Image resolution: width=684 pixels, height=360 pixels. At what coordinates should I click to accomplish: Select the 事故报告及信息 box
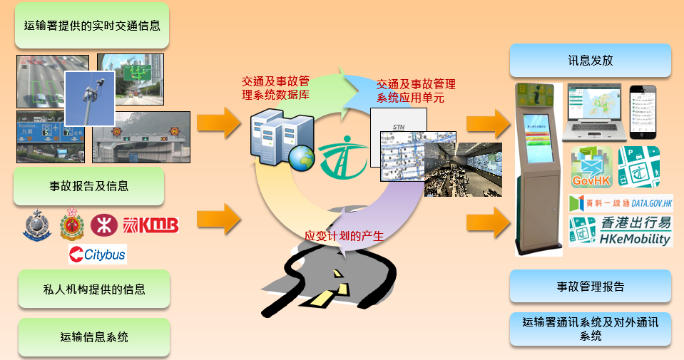tap(89, 187)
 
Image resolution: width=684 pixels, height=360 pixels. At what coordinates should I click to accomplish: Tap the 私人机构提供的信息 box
tap(93, 289)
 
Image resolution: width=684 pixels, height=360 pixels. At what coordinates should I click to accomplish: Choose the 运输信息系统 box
tap(93, 336)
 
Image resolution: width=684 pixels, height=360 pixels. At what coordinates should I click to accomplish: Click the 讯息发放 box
tap(591, 61)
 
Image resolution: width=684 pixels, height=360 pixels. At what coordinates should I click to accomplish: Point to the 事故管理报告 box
tap(591, 287)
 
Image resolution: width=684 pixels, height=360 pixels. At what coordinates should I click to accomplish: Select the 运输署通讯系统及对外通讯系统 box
tap(591, 329)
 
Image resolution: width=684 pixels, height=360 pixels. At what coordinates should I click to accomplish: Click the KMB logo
tap(150, 225)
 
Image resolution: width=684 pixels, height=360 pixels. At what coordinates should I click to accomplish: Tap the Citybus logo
tap(98, 254)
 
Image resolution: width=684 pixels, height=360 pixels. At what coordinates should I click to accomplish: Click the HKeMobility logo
tap(621, 232)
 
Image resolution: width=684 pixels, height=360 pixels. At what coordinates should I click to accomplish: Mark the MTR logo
tap(103, 225)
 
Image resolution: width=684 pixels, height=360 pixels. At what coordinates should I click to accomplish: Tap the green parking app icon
tap(639, 168)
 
